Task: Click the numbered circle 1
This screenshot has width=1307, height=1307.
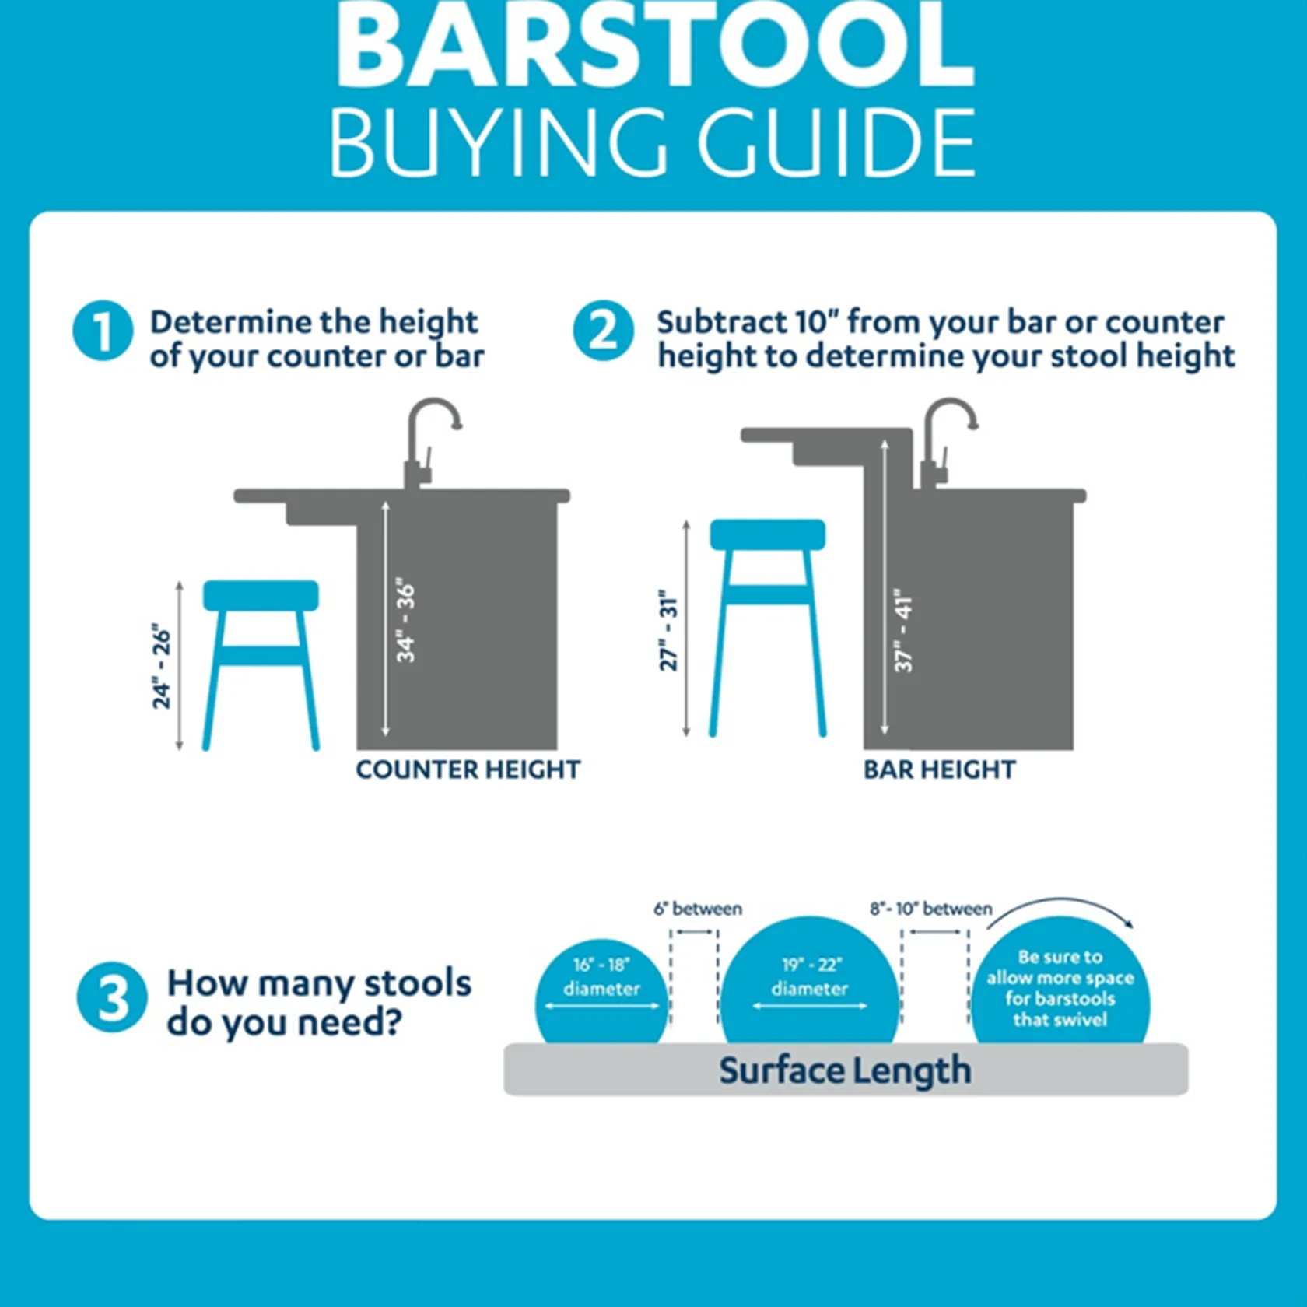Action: click(x=102, y=331)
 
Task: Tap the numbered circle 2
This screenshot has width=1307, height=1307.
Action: click(x=603, y=331)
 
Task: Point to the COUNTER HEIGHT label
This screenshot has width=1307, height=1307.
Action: click(x=468, y=769)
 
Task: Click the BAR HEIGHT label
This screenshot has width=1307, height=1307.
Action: click(x=939, y=769)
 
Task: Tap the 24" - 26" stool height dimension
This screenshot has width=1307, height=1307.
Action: click(x=161, y=666)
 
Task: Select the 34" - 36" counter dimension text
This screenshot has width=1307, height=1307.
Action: click(x=405, y=620)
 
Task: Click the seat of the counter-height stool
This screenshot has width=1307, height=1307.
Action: click(x=261, y=595)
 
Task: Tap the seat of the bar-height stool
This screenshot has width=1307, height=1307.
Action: click(x=767, y=534)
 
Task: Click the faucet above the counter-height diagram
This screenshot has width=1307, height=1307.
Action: click(x=428, y=436)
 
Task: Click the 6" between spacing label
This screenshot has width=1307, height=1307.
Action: click(x=698, y=909)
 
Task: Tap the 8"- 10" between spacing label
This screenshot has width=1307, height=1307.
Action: click(x=930, y=909)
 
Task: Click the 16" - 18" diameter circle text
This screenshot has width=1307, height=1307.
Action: click(x=601, y=976)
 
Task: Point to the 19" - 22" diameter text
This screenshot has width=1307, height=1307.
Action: click(x=809, y=976)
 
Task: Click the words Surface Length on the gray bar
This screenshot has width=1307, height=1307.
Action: click(x=845, y=1070)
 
